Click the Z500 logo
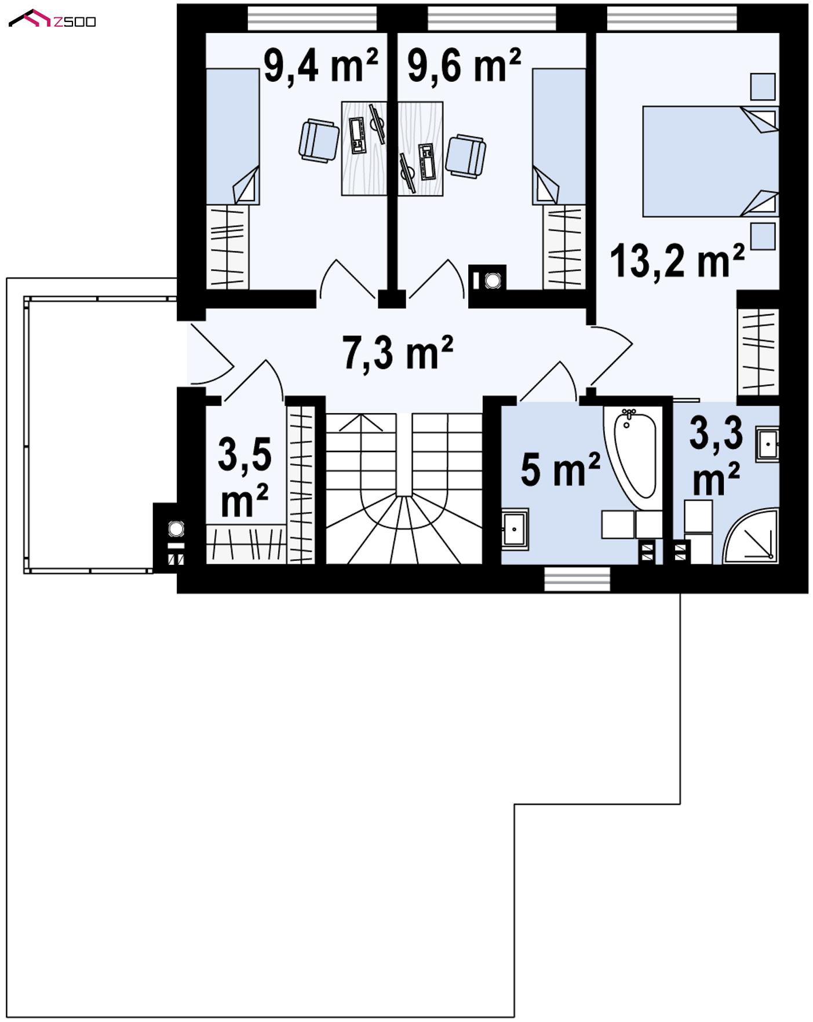pos(52,20)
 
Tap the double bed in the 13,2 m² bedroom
pos(709,161)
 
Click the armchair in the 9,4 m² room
pos(319,140)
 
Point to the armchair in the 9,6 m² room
pos(465,155)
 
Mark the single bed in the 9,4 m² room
pos(232,136)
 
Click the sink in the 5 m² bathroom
pos(515,529)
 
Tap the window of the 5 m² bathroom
pos(577,579)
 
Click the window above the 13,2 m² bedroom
pos(672,18)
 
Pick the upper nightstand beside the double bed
pos(763,86)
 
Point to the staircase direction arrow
pos(360,422)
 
